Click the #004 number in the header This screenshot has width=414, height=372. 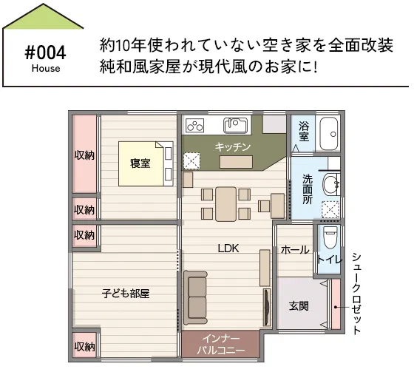45,53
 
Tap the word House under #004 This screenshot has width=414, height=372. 46,69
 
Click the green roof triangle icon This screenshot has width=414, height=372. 43,16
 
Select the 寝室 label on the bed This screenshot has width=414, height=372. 140,163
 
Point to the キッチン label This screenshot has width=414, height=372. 232,147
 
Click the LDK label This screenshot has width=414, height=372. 228,248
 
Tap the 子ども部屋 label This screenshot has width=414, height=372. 126,294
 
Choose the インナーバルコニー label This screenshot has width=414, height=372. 221,344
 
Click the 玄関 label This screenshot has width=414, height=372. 299,306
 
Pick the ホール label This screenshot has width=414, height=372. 295,250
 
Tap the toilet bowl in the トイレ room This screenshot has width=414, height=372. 330,237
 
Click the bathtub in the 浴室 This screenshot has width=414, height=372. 329,134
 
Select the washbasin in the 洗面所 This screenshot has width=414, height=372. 331,184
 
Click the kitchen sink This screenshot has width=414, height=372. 236,125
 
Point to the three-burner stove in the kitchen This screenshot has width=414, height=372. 195,125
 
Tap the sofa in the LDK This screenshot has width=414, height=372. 195,297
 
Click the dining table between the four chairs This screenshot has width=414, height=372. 225,204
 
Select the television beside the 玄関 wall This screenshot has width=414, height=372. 267,307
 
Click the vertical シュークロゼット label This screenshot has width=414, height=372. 356,294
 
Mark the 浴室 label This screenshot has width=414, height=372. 304,131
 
